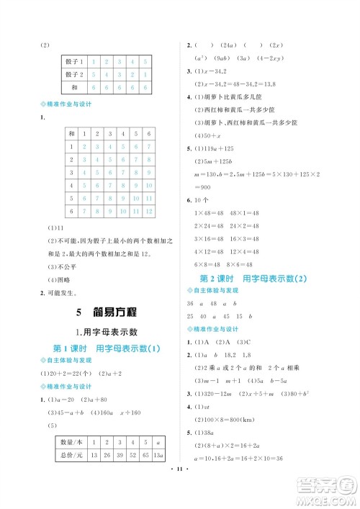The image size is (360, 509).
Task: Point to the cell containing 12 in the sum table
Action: coord(148,210)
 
